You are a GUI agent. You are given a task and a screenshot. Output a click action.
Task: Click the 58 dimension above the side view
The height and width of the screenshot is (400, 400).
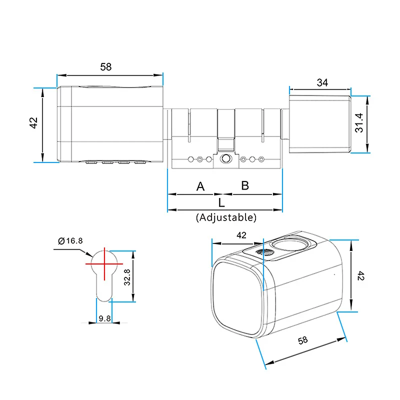pos(105,67)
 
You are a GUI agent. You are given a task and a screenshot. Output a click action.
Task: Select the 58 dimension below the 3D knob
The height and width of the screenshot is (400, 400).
pos(302,341)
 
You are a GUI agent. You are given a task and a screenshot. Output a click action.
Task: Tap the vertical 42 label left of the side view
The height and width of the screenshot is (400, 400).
pos(33,123)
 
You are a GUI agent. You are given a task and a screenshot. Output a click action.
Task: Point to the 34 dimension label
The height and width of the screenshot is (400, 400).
pos(322,83)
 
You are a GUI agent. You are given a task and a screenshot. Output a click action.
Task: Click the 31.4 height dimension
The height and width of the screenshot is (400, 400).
pos(359,122)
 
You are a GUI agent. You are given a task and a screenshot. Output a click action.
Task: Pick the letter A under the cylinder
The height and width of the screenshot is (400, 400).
pos(200,186)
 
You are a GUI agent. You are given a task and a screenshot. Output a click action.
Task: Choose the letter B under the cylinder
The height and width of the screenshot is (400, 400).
pos(245,185)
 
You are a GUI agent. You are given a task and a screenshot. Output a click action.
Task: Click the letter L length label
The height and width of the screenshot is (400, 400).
pos(221,202)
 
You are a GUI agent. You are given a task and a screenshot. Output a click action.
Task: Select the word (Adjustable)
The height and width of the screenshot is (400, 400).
pos(226,217)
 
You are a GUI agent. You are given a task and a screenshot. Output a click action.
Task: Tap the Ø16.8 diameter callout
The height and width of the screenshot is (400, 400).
pos(70,241)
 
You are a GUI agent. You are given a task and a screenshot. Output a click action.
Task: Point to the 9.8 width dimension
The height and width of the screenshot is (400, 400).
pos(105,318)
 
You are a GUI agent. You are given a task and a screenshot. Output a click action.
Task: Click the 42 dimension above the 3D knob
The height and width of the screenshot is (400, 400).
pos(241,235)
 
